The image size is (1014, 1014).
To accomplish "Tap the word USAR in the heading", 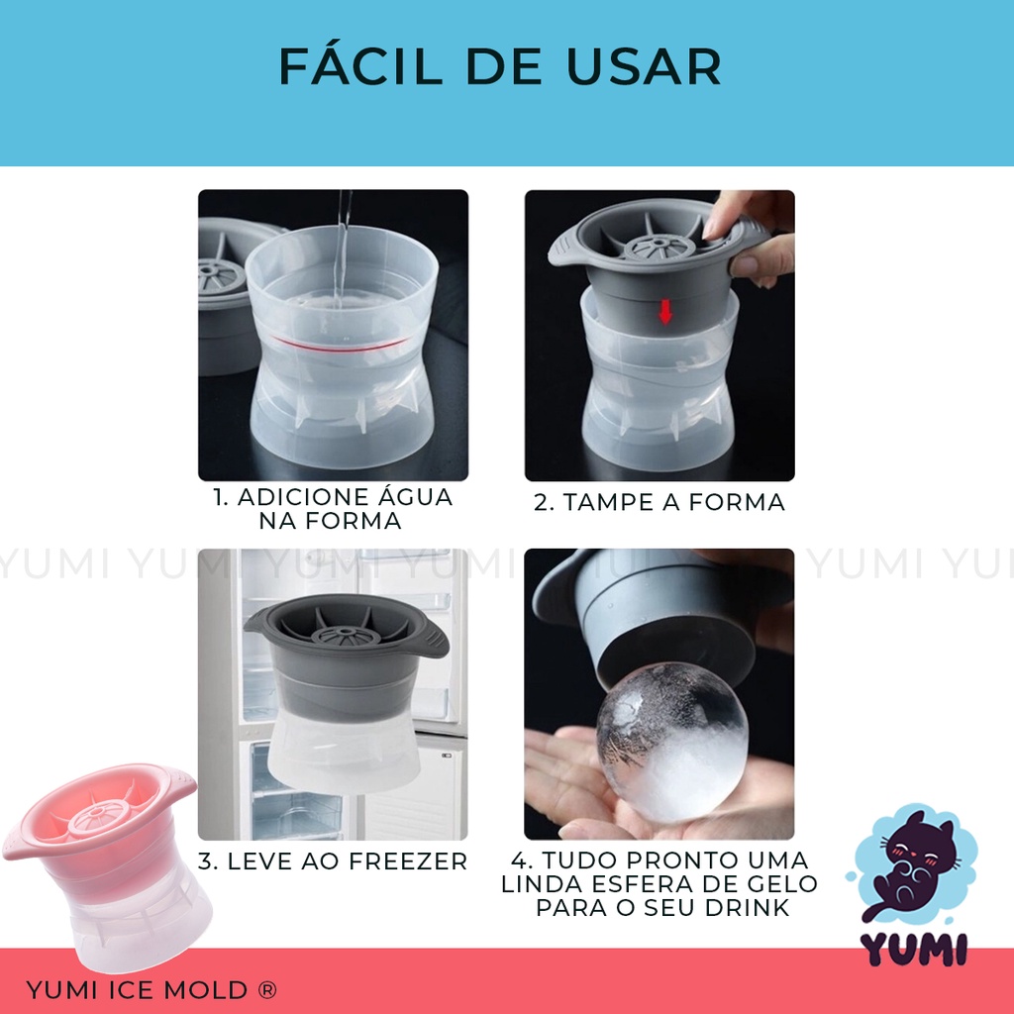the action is [644, 66].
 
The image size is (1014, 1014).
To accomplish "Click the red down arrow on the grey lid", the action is [664, 313].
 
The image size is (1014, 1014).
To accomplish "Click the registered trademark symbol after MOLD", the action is [266, 989].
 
